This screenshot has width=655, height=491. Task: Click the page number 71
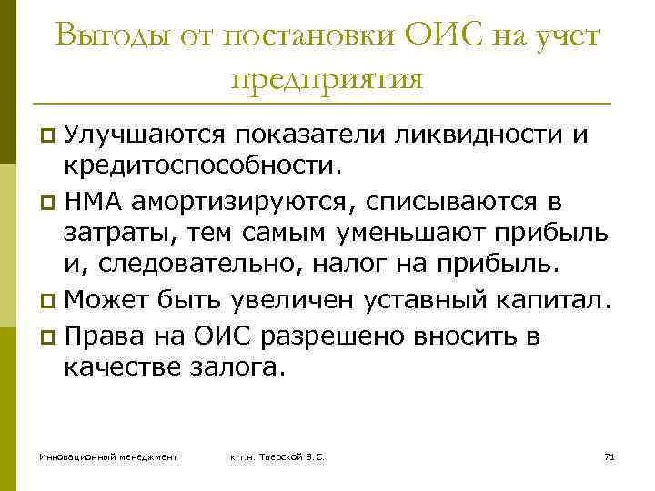(x=610, y=455)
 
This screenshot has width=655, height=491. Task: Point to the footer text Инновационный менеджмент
(x=108, y=455)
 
